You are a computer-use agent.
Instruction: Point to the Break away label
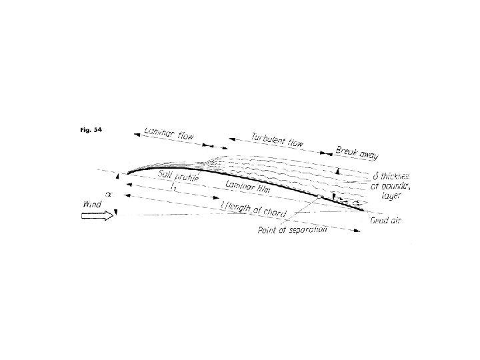tap(357, 153)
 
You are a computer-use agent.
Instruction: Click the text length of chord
tap(257, 209)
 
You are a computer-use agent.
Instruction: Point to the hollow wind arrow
tap(97, 215)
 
